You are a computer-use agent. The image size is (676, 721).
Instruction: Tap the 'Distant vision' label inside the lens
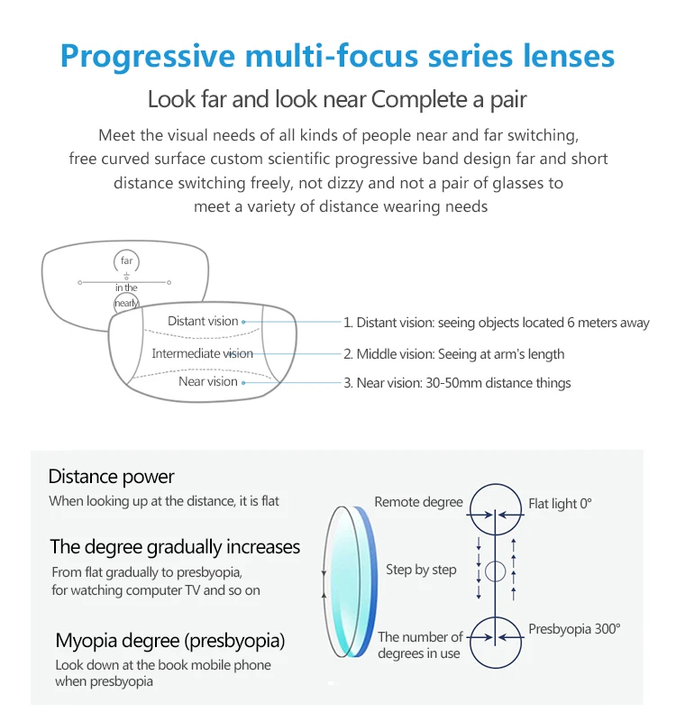coord(203,322)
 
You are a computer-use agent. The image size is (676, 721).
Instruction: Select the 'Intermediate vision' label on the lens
coord(202,353)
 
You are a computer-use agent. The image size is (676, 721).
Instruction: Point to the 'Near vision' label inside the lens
coord(208,382)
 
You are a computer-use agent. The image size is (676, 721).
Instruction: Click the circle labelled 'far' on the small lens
coord(126,261)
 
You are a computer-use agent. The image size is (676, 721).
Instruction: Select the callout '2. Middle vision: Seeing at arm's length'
coord(454,354)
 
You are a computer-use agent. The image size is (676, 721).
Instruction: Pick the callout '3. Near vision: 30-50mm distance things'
coord(457,383)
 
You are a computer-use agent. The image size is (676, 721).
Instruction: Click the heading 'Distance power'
coord(112,477)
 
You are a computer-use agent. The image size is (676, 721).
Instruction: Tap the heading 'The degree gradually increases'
coord(175,547)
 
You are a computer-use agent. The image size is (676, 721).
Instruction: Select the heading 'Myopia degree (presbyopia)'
coord(170,642)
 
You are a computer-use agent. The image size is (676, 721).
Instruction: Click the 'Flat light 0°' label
coord(560,504)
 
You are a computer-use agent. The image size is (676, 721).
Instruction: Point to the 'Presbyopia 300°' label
coord(574,629)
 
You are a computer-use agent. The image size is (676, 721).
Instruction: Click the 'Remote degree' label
coord(418,502)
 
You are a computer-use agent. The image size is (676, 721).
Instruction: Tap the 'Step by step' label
coord(421,570)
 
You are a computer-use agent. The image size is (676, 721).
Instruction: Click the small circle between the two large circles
coord(495,570)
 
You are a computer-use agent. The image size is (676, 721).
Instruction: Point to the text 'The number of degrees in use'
coord(420,645)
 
